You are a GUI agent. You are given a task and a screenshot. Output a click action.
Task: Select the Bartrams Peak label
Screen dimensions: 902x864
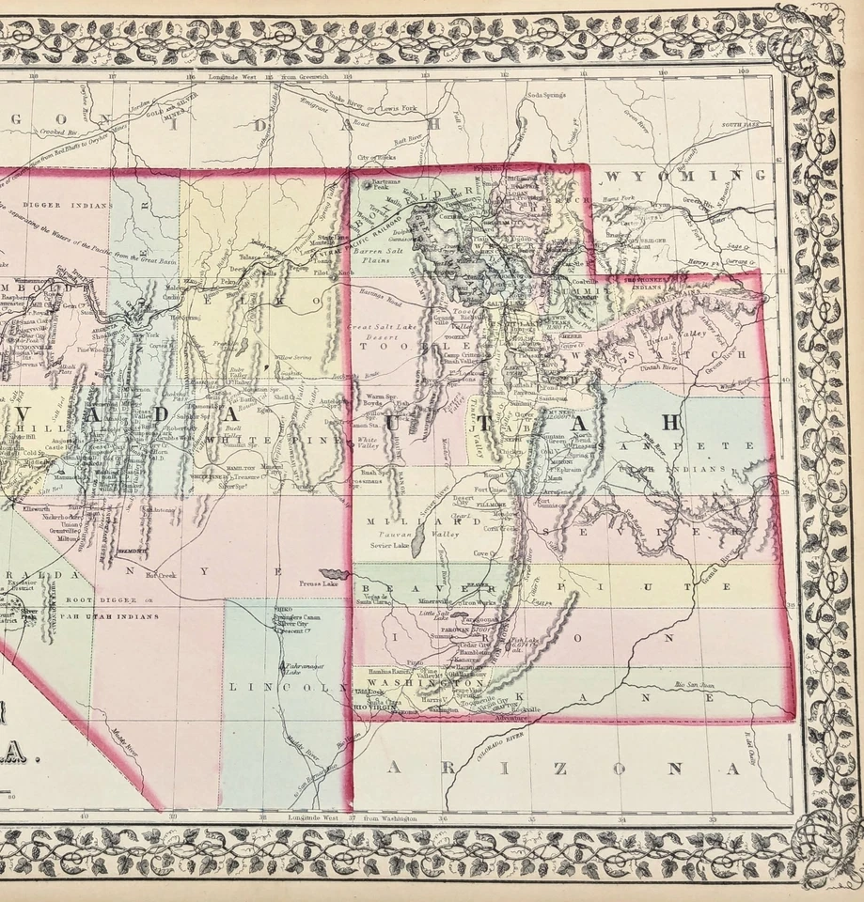387,183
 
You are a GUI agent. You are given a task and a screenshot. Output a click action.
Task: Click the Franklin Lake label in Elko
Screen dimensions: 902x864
224,346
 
